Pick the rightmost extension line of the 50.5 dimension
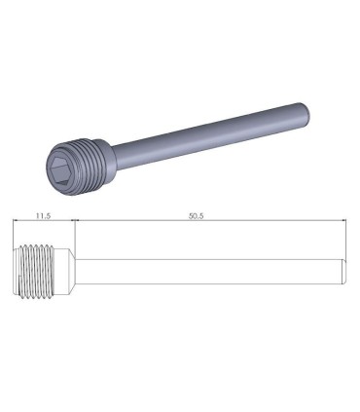point(347,239)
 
